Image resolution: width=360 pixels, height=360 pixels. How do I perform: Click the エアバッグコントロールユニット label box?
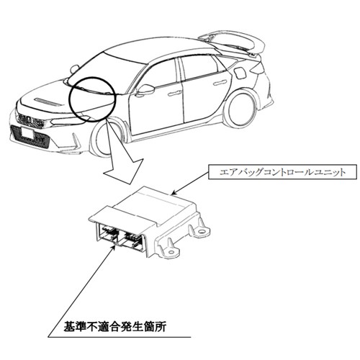(x=282, y=172)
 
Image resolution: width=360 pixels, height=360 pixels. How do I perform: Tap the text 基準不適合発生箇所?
(x=115, y=327)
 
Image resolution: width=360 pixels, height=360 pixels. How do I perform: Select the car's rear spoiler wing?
(x=233, y=42)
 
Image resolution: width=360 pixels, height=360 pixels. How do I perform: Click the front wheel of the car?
(x=103, y=139)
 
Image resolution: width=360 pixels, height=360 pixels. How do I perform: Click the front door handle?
(x=175, y=94)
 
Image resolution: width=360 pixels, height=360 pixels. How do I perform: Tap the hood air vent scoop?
(x=49, y=102)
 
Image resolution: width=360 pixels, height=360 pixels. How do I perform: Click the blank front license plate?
(x=29, y=134)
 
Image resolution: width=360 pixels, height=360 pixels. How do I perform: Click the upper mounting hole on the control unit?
(x=201, y=232)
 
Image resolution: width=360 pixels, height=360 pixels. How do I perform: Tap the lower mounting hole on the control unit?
(x=171, y=252)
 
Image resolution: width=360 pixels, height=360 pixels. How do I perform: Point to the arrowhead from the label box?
(x=175, y=192)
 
